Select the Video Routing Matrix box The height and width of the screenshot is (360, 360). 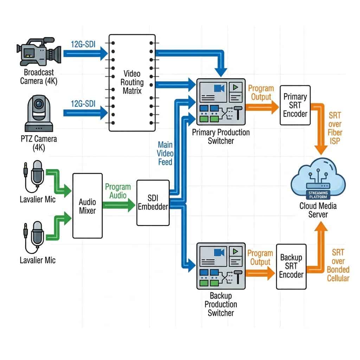[x=132, y=83]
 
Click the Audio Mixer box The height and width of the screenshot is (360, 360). [x=88, y=206]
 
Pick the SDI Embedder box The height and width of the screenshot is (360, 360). [x=153, y=202]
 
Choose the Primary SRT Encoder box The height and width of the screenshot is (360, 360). [x=295, y=105]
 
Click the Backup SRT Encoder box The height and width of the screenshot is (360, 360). [x=291, y=266]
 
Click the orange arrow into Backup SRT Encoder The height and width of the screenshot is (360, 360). [x=260, y=272]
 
